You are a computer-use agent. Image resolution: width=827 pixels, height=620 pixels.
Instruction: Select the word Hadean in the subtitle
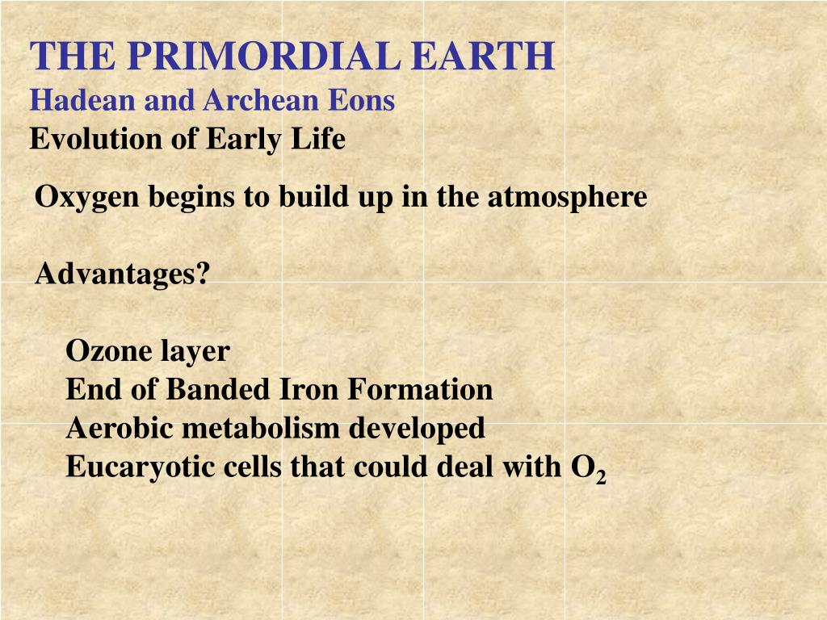pos(71,100)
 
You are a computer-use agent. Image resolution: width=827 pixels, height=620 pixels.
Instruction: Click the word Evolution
pos(85,140)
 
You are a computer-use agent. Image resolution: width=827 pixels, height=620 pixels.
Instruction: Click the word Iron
pos(310,390)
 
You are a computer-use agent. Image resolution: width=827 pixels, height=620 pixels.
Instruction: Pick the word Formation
pos(420,390)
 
